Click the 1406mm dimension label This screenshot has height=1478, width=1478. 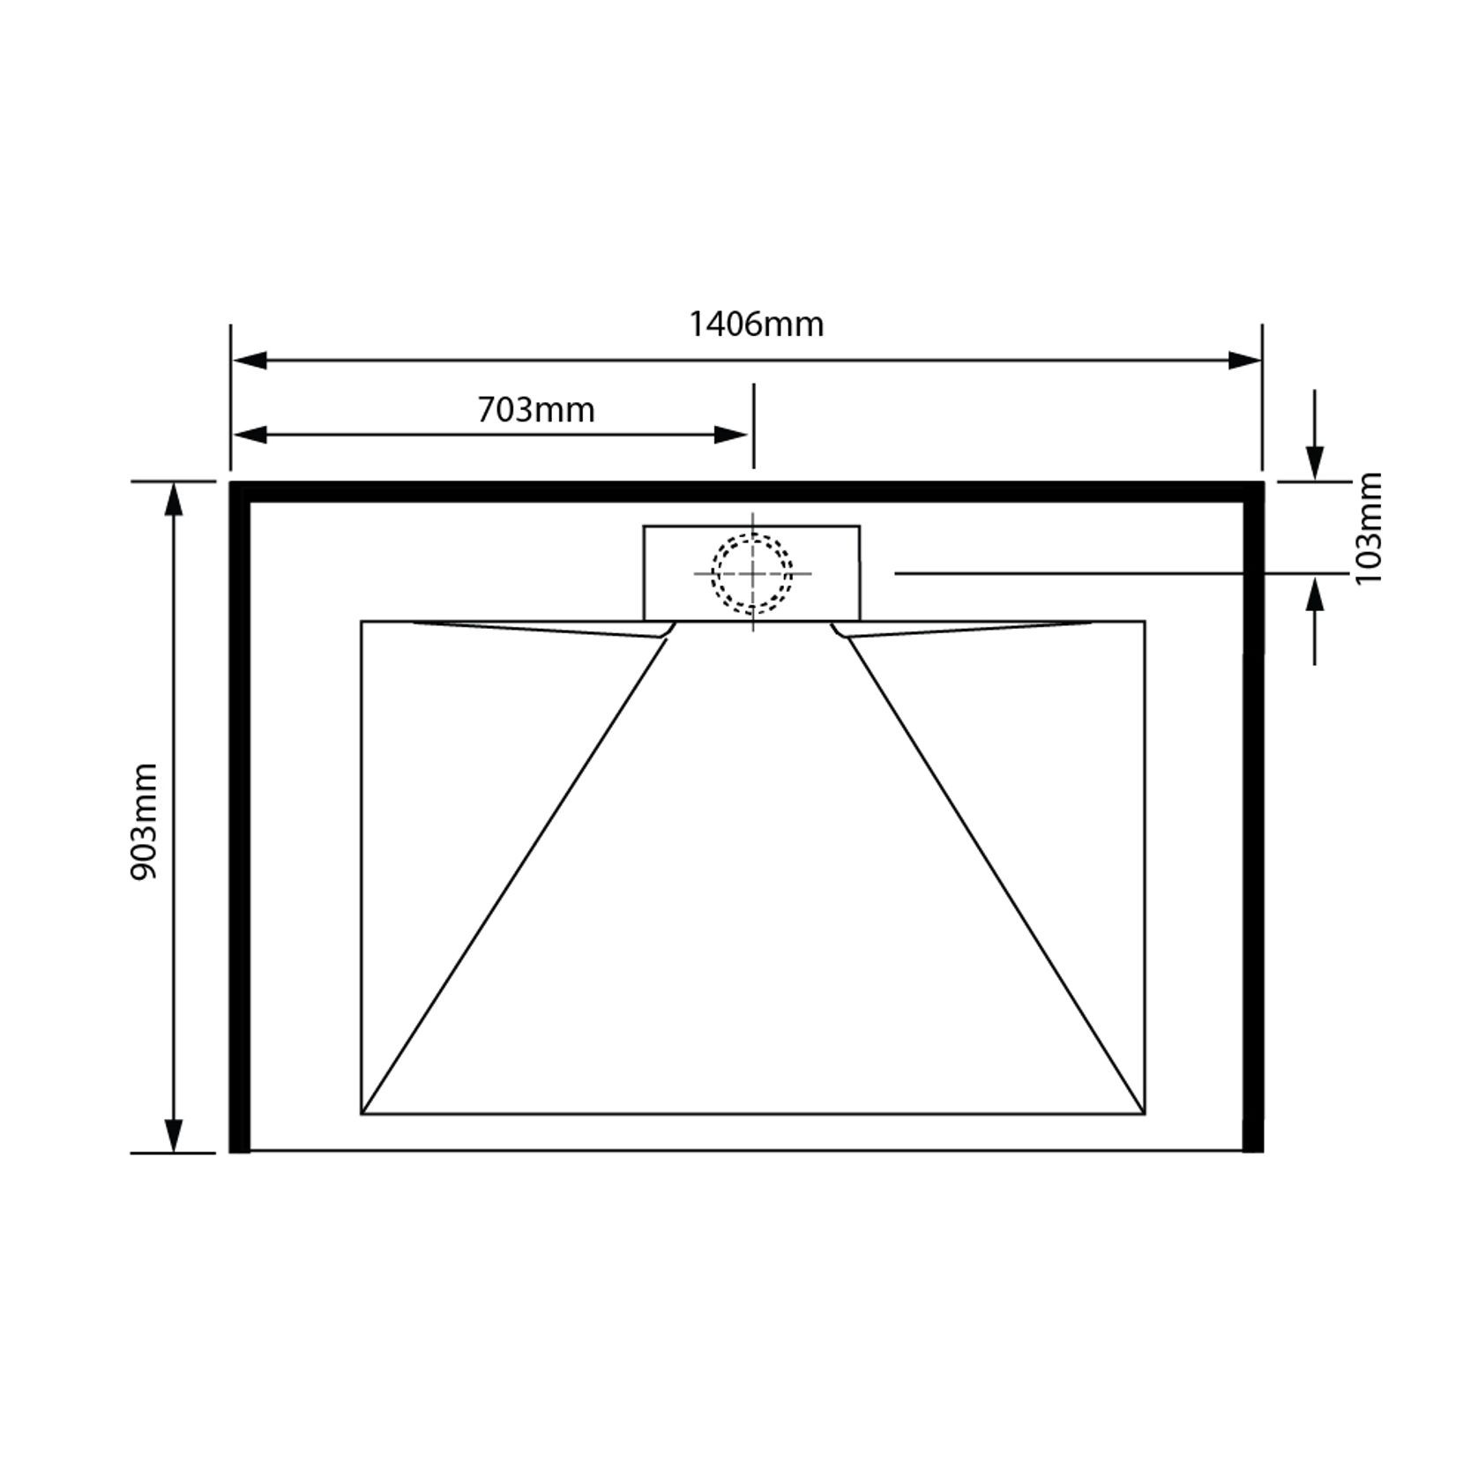tap(756, 325)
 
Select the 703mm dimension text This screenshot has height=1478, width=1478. tap(536, 411)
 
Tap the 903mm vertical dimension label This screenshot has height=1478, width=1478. tap(144, 822)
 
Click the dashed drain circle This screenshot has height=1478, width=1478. tap(752, 574)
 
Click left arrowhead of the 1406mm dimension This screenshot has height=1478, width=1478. tap(250, 361)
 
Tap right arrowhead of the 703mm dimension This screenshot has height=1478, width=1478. tap(731, 435)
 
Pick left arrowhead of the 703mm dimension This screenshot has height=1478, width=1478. tap(250, 435)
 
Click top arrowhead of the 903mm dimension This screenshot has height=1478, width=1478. tap(174, 499)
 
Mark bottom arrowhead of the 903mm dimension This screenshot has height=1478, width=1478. tap(174, 1135)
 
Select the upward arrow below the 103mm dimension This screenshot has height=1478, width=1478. tap(1314, 597)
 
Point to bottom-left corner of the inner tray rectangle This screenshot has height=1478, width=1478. tap(362, 1114)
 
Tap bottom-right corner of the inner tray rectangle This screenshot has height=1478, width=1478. tap(1145, 1114)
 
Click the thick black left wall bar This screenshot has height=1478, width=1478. tap(240, 820)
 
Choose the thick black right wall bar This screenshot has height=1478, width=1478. tap(1253, 820)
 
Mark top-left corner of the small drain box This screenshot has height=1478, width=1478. tap(645, 527)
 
